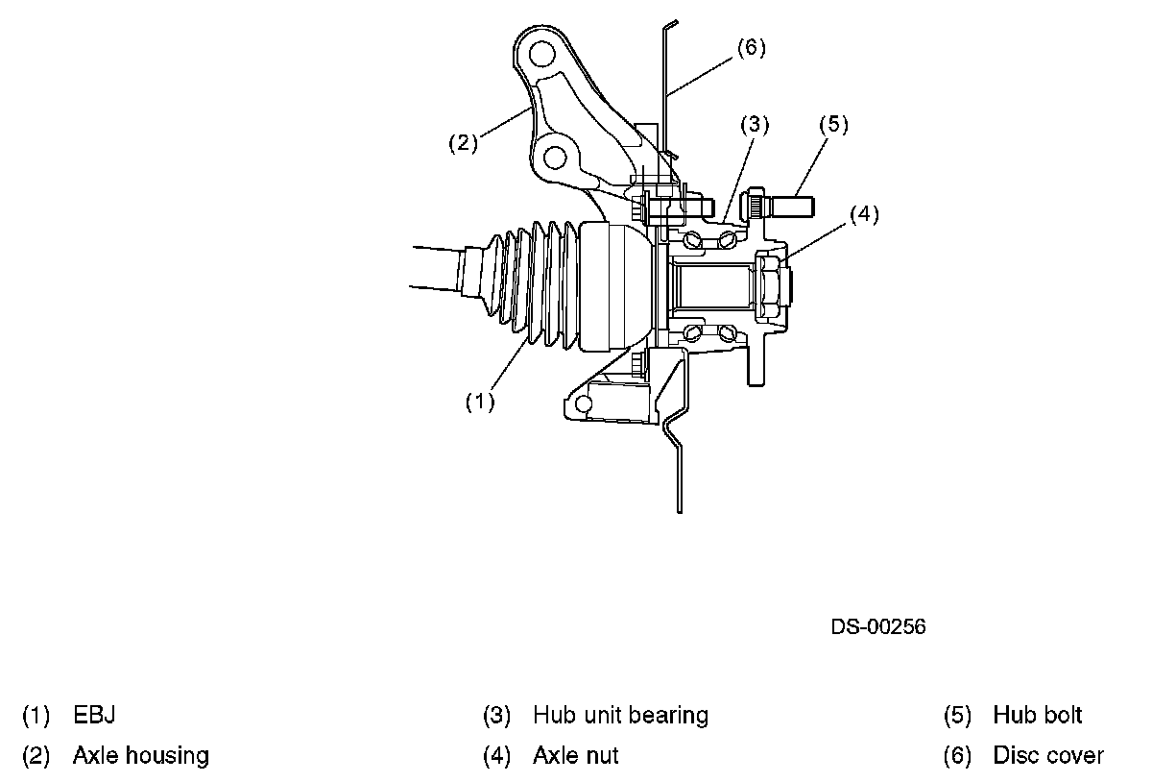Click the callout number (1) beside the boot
pyautogui.click(x=479, y=403)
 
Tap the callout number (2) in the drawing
pyautogui.click(x=463, y=143)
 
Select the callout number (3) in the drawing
pyautogui.click(x=755, y=124)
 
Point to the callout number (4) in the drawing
pyautogui.click(x=863, y=214)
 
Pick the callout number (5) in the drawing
pyautogui.click(x=834, y=124)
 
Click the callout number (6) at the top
pyautogui.click(x=751, y=48)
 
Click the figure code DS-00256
pyautogui.click(x=877, y=627)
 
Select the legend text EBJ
pyautogui.click(x=94, y=716)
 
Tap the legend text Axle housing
pyautogui.click(x=140, y=756)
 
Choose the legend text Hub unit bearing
pyautogui.click(x=620, y=716)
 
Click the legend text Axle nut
pyautogui.click(x=575, y=756)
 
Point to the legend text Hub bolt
pyautogui.click(x=1037, y=716)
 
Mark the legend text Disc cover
pyautogui.click(x=1048, y=756)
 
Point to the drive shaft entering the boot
pyautogui.click(x=437, y=266)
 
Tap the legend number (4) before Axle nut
pyautogui.click(x=496, y=756)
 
